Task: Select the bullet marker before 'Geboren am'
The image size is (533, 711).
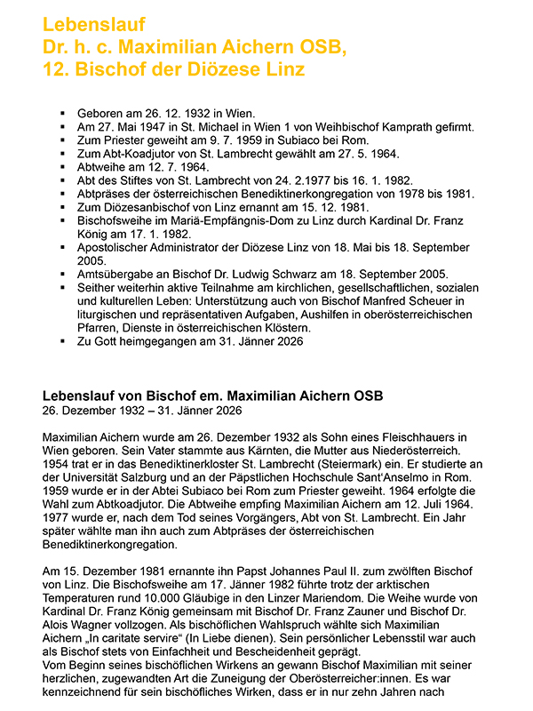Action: click(x=62, y=113)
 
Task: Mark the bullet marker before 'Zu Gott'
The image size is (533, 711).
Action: click(x=62, y=340)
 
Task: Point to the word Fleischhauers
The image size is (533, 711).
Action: click(x=405, y=437)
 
